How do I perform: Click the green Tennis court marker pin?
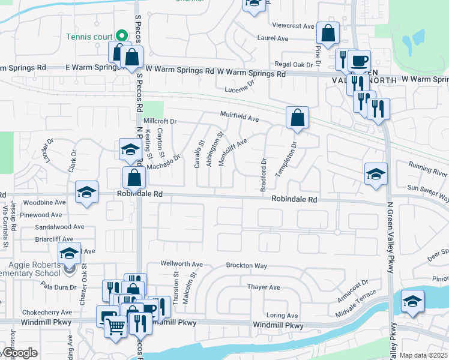120,35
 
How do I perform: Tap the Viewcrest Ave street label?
294,26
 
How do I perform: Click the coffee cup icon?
359,61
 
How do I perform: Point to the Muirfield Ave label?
239,116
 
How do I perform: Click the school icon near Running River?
376,174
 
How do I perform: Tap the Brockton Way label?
246,265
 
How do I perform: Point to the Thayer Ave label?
264,287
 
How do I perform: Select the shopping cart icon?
115,326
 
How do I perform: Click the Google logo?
19,353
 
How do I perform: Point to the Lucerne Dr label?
240,89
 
